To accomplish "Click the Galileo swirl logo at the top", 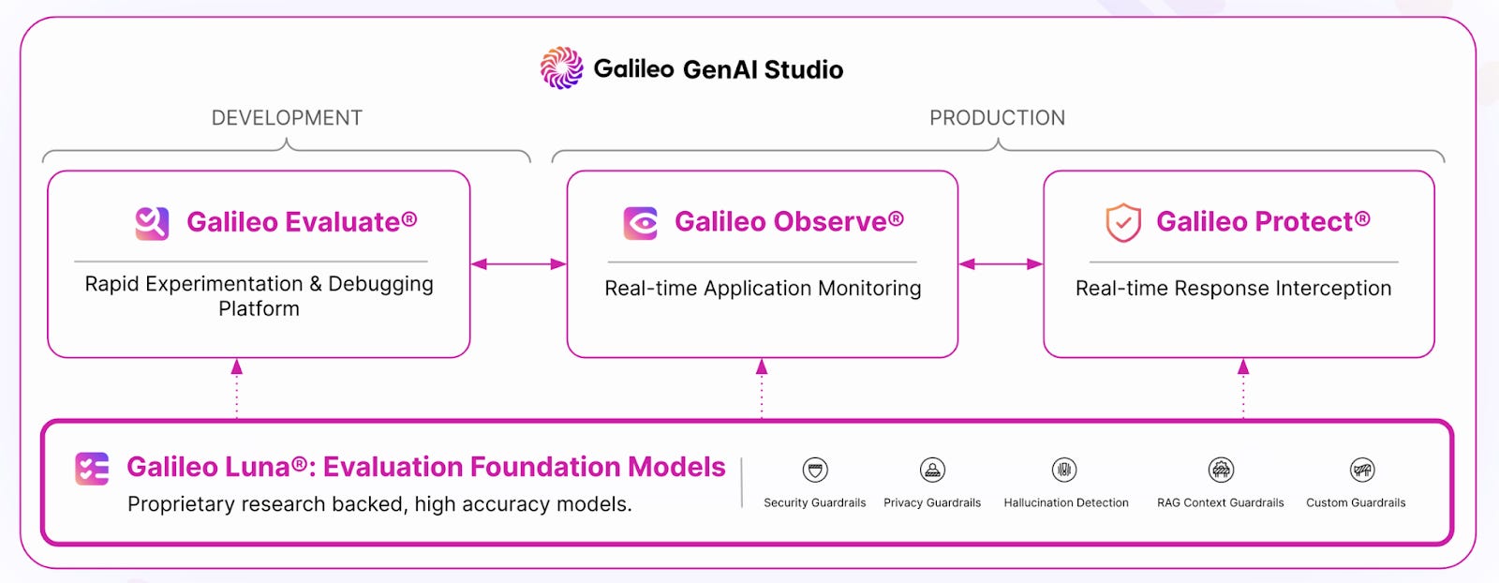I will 561,68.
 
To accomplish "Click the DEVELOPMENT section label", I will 287,118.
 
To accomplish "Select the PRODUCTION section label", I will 997,118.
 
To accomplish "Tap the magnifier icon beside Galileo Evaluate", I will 152,223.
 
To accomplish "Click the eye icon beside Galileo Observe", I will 641,223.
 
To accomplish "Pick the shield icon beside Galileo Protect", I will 1123,223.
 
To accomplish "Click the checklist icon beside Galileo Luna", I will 92,468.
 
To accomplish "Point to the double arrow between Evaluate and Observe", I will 518,264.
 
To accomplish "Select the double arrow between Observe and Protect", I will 1001,264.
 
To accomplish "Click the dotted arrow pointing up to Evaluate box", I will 237,388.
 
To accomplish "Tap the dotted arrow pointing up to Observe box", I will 762,388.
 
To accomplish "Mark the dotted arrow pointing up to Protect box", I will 1243,388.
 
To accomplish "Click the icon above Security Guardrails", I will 815,470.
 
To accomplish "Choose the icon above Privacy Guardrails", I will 932,470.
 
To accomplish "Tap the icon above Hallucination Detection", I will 1064,470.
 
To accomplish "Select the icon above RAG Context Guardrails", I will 1221,470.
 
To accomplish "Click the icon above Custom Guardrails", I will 1362,470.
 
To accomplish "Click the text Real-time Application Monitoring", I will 763,289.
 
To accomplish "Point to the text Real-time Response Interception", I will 1233,289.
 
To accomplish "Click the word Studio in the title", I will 804,69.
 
